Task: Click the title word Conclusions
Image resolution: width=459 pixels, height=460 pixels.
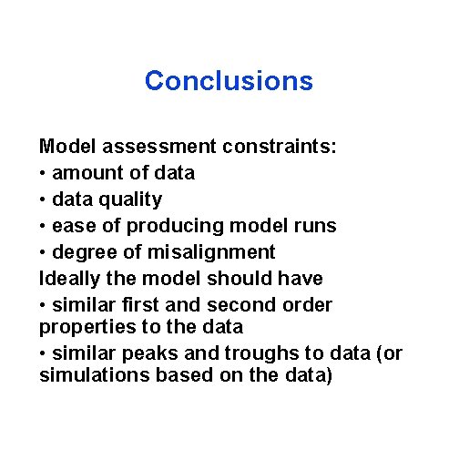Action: pos(229,81)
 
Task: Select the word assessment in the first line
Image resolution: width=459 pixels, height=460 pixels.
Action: pos(152,146)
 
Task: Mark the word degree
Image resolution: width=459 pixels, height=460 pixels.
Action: pos(85,251)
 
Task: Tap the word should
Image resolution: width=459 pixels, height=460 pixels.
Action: pos(244,278)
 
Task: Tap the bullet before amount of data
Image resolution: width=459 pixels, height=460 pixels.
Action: pos(44,172)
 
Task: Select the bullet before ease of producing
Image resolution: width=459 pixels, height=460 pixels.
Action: pos(44,225)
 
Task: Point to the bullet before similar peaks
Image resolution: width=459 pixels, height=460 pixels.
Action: pos(44,353)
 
